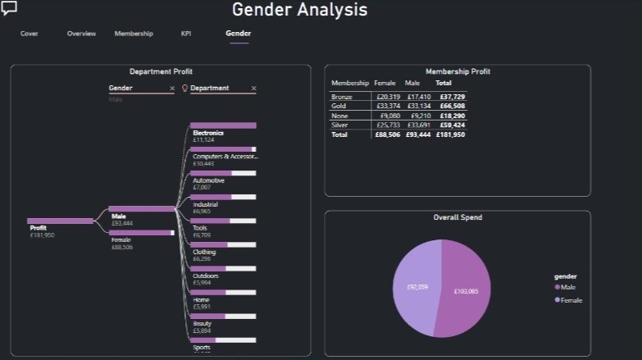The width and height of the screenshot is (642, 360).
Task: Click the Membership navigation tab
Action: coord(133,34)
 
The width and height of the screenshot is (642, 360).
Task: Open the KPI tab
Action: coord(186,34)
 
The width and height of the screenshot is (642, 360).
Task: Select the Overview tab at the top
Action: coord(81,34)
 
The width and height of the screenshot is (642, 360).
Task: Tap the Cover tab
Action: coord(30,34)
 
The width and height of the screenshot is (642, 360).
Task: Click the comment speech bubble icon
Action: coord(10,8)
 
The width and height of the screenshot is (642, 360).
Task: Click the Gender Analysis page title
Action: coord(299,10)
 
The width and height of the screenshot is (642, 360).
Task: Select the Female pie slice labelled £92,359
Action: coord(417,287)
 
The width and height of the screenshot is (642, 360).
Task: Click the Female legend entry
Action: coord(571,300)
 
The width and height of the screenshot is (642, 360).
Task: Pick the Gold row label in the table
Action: coord(339,106)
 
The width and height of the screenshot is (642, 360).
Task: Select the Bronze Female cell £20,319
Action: coord(387,97)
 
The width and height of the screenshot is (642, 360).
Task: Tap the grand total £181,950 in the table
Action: coord(450,134)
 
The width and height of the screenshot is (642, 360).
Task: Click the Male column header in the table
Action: coord(412,83)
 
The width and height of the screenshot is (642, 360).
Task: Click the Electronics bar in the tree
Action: coord(223,125)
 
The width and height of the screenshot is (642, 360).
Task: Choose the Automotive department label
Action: coord(208,180)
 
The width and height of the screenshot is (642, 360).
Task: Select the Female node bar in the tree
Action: coord(141,233)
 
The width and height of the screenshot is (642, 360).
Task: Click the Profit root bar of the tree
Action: coord(60,221)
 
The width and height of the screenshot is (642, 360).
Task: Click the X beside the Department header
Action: coord(253,88)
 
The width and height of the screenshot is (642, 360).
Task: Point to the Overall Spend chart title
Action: coord(458,217)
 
